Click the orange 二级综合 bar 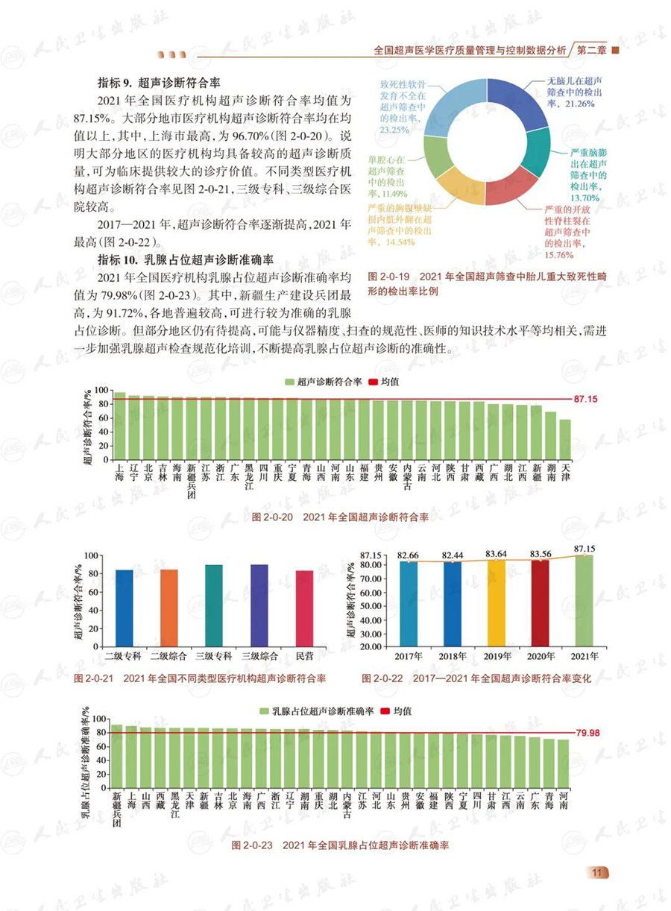(x=169, y=608)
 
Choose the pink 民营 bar (x=304, y=608)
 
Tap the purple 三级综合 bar (x=259, y=605)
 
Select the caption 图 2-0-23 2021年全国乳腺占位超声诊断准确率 (x=340, y=845)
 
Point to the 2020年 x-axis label (x=541, y=656)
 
